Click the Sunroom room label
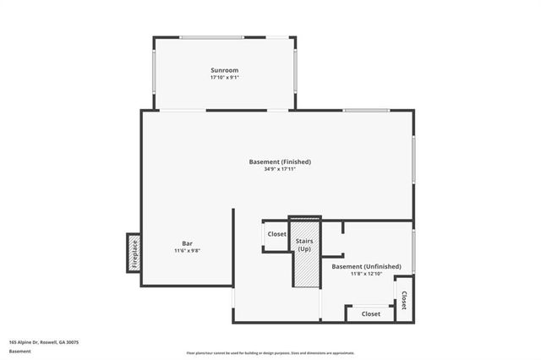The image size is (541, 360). pos(225,69)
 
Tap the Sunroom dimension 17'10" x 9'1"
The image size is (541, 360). pos(225,78)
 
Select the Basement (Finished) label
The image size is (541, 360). pos(280,161)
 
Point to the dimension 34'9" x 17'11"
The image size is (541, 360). pos(280,169)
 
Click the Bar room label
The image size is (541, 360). pos(188,243)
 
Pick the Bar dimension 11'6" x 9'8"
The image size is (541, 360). pos(188,250)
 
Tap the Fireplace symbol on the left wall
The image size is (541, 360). pos(134,253)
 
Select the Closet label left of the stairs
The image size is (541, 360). pos(277,234)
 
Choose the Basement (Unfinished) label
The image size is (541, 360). pos(372,266)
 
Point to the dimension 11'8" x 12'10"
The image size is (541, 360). pos(372,274)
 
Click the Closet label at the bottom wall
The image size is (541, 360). pos(370,314)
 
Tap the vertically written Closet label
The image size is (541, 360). pos(404,300)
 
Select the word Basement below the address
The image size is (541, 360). pos(19,351)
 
